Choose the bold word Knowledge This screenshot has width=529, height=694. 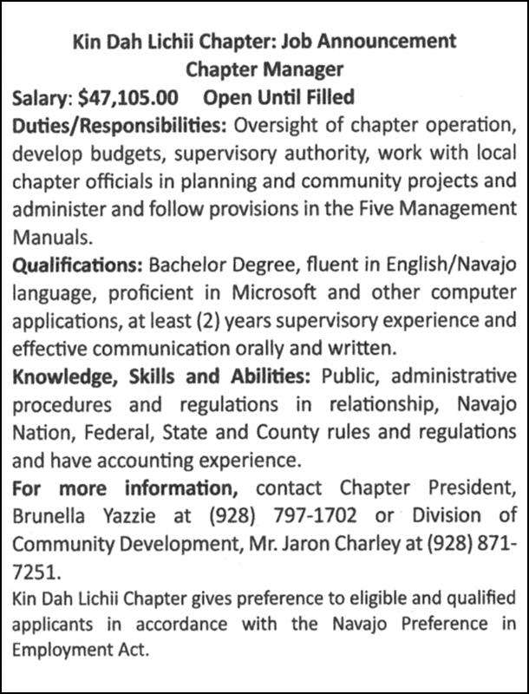[x=57, y=376]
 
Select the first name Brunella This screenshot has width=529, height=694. [x=49, y=517]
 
